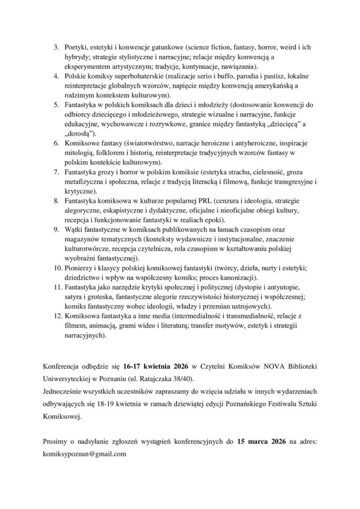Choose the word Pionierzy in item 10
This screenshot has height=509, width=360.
(x=79, y=268)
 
